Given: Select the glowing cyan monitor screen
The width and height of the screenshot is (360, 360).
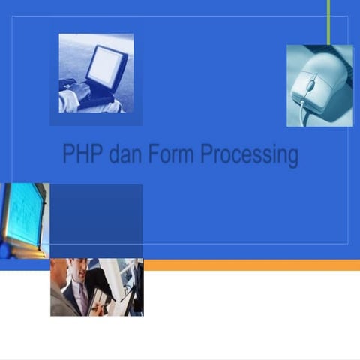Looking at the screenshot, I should point(21,214).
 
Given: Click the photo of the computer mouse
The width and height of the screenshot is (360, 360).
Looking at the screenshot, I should point(319,85).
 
